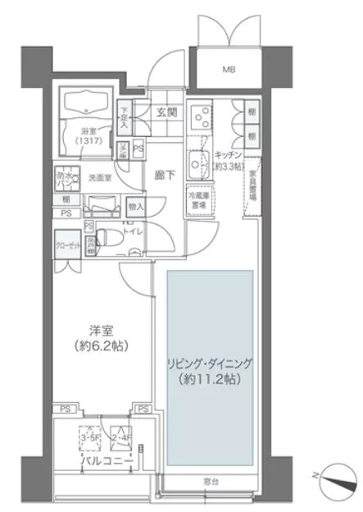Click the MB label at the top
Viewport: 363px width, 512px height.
click(228, 69)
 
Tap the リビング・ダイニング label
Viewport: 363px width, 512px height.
click(209, 361)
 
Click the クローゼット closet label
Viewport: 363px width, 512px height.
click(68, 245)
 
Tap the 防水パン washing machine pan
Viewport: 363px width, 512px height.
click(67, 177)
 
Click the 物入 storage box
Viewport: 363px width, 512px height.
click(136, 207)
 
